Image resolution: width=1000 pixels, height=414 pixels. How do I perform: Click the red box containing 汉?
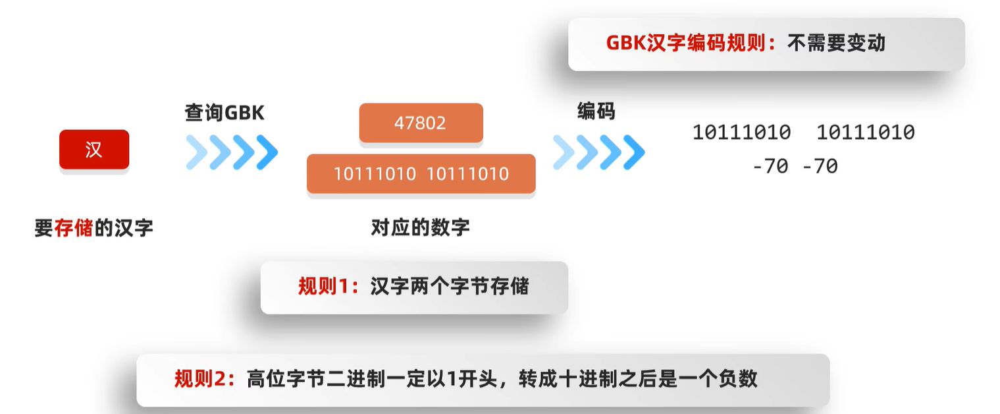94,150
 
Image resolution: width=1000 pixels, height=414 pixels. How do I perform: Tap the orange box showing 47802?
421,123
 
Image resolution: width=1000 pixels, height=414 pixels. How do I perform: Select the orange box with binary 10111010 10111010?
421,174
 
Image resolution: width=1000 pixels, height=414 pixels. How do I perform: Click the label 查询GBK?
224,113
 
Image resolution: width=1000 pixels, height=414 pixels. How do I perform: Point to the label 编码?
596,111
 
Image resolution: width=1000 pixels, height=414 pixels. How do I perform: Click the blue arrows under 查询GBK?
232,152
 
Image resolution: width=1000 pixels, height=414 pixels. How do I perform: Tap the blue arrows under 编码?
598,152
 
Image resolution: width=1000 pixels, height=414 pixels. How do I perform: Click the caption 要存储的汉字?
93,228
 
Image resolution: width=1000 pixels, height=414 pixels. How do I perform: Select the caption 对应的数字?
421,228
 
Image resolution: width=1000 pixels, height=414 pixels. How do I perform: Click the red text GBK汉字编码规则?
685,43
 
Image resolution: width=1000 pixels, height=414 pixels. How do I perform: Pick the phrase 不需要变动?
836,43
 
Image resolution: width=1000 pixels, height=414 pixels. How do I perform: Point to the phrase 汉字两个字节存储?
450,286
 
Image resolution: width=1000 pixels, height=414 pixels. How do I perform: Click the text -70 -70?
795,166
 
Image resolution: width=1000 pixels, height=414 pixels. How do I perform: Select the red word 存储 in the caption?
74,228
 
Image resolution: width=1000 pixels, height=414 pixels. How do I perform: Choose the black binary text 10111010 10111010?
803,133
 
